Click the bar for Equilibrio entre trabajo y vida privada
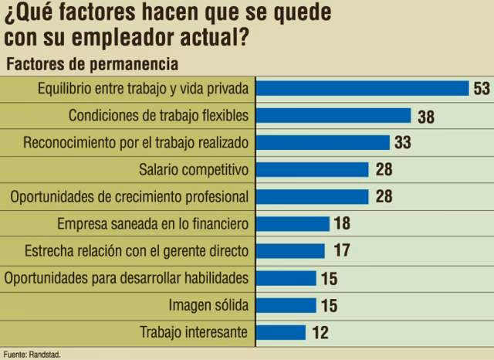(x=361, y=88)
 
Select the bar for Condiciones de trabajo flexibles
(x=333, y=116)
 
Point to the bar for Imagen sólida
(x=285, y=305)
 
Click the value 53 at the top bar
(x=482, y=89)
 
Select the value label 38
(x=425, y=117)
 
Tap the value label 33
(x=402, y=143)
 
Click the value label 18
(x=343, y=224)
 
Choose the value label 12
(x=322, y=333)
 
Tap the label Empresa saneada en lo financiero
(x=153, y=224)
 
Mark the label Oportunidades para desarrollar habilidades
(x=126, y=278)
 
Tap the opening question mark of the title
(x=10, y=13)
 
